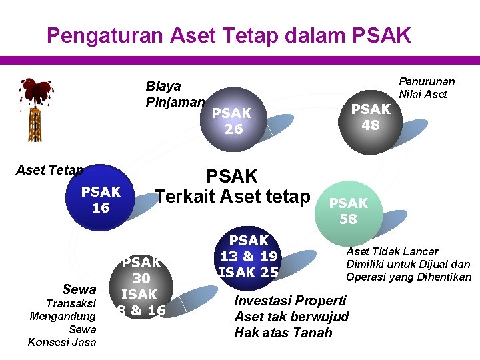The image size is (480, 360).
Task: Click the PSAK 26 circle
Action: [x=232, y=121]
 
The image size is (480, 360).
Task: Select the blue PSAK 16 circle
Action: [x=101, y=199]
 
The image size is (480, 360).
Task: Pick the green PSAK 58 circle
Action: [x=348, y=211]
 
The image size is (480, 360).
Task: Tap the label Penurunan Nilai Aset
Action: [x=427, y=87]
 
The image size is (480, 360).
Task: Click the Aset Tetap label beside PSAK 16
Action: [x=49, y=170]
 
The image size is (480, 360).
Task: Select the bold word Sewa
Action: [x=79, y=289]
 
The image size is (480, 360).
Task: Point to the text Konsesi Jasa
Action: [x=62, y=342]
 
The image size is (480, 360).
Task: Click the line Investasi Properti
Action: [x=290, y=300]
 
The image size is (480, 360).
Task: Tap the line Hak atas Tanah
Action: [x=283, y=332]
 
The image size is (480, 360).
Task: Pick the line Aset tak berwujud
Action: [x=291, y=316]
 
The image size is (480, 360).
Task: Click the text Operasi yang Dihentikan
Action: [x=408, y=277]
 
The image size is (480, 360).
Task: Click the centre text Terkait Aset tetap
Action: [x=233, y=196]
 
